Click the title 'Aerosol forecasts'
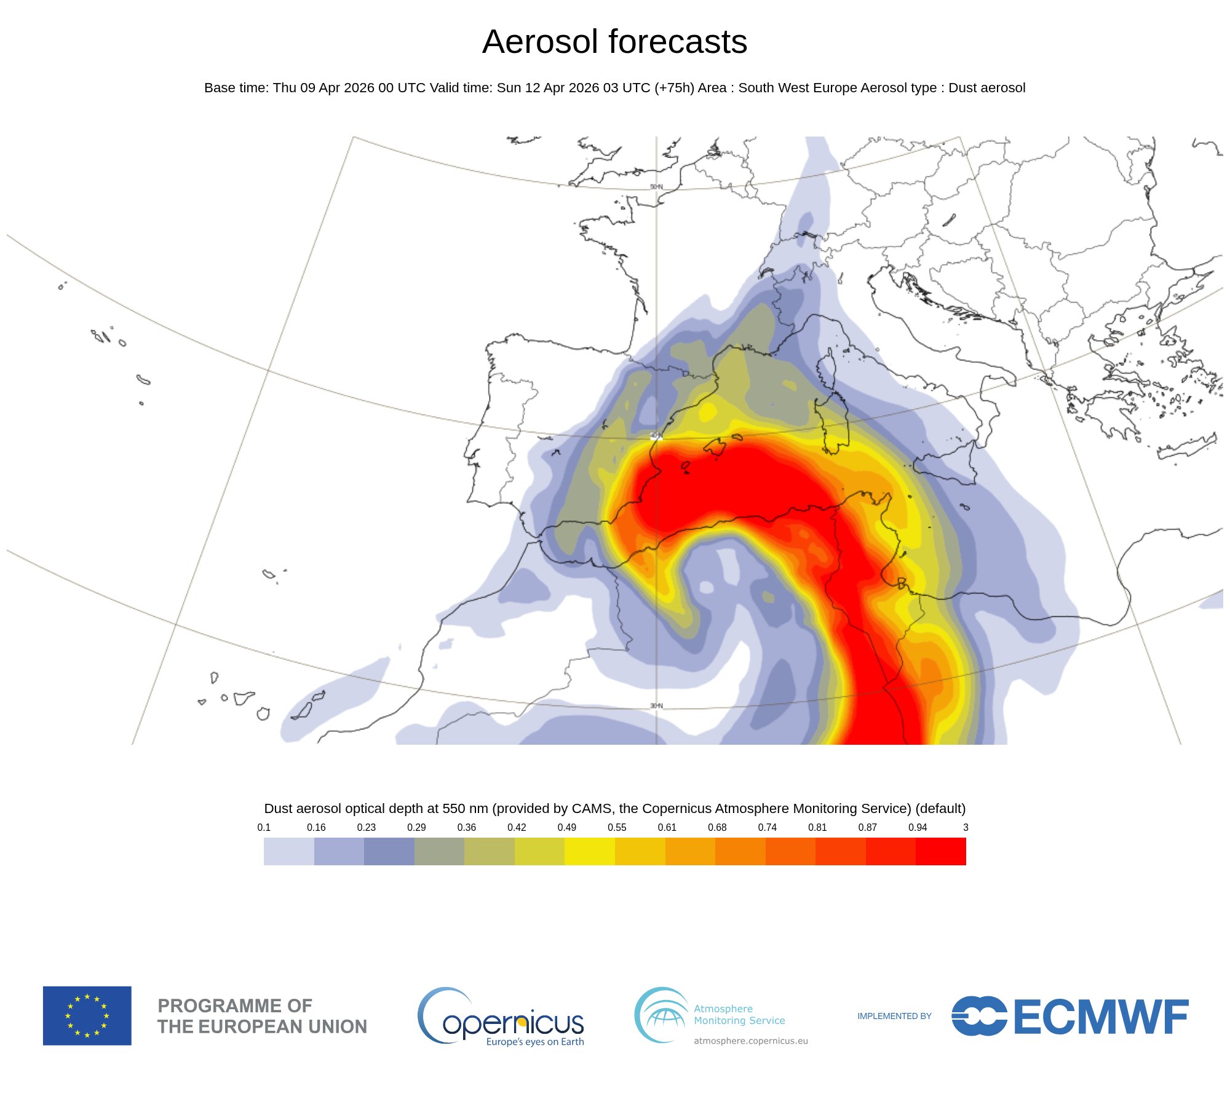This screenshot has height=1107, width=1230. click(x=614, y=42)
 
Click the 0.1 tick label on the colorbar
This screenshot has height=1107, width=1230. click(x=264, y=827)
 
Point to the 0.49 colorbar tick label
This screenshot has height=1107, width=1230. click(x=566, y=827)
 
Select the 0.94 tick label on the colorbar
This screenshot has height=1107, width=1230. click(x=917, y=827)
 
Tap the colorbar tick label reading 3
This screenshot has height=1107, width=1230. click(x=965, y=827)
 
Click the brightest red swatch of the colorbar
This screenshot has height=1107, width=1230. click(x=940, y=851)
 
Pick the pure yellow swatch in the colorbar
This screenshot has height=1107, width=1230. click(x=589, y=851)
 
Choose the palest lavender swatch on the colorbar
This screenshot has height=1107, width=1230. click(x=288, y=851)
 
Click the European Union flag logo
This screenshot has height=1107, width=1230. click(x=87, y=1015)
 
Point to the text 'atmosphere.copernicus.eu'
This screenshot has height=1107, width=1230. click(x=750, y=1041)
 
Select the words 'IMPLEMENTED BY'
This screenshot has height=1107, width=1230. click(x=894, y=1016)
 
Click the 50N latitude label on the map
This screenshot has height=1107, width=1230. click(x=656, y=187)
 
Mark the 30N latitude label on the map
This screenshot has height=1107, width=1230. click(x=656, y=705)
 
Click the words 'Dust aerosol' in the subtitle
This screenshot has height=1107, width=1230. click(x=986, y=88)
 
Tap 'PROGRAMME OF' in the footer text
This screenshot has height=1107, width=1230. click(x=235, y=1006)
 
